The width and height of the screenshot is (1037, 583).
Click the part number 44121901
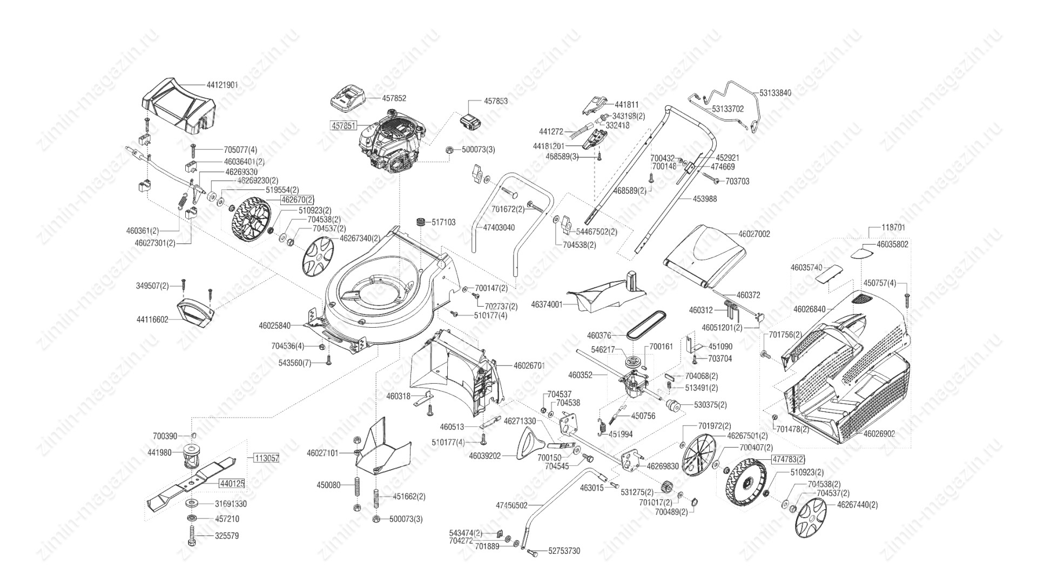pyautogui.click(x=222, y=85)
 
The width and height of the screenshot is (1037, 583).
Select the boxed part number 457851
pyautogui.click(x=344, y=125)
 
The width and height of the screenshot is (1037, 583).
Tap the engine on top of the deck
pyautogui.click(x=393, y=143)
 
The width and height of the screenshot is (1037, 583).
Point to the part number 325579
pyautogui.click(x=227, y=536)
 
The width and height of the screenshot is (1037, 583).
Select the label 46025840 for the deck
pyautogui.click(x=274, y=326)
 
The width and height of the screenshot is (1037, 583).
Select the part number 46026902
pyautogui.click(x=879, y=433)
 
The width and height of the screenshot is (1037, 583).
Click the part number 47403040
pyautogui.click(x=499, y=228)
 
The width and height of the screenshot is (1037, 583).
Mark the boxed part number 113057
pyautogui.click(x=267, y=458)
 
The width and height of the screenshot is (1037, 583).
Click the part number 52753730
pyautogui.click(x=564, y=551)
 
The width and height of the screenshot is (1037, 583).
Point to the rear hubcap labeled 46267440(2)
pyautogui.click(x=811, y=517)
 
